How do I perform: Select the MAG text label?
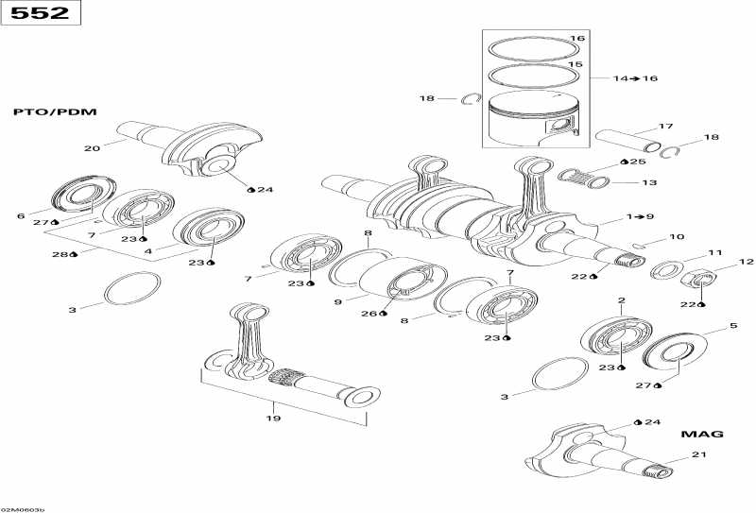[x=702, y=434]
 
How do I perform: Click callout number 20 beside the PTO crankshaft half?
[x=92, y=147]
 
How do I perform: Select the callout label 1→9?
[x=640, y=216]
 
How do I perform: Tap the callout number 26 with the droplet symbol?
[x=370, y=313]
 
